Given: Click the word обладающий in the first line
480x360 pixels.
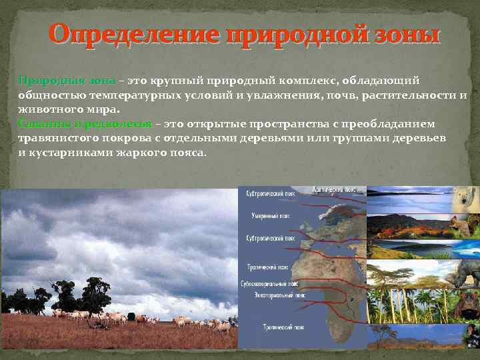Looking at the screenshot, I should (381, 81).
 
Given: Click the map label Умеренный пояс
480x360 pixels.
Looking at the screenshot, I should (269, 216).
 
